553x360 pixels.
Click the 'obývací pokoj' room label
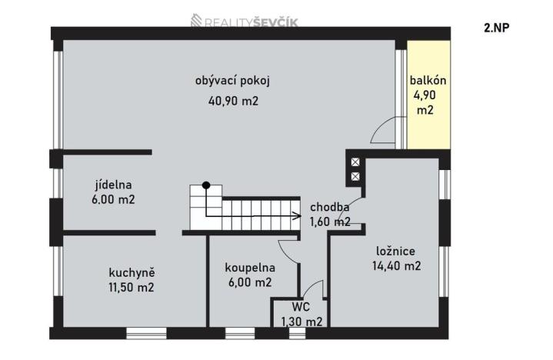pos(233,80)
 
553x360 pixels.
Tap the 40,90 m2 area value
pos(233,100)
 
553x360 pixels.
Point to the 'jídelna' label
pos(114,185)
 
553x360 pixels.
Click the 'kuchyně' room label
pos(132,272)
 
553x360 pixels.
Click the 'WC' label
pos(301,307)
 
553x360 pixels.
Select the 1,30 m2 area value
pos(301,322)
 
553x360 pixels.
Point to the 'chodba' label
pos(330,207)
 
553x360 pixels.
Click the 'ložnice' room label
pos(396,251)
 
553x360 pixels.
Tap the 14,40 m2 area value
pos(398,266)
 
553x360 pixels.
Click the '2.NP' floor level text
pos(497,28)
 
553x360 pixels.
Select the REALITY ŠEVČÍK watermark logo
pos(245,22)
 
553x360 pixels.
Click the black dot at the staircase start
pos(205,185)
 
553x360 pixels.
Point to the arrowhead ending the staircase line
pos(297,216)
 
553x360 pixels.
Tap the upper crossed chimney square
pos(355,162)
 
